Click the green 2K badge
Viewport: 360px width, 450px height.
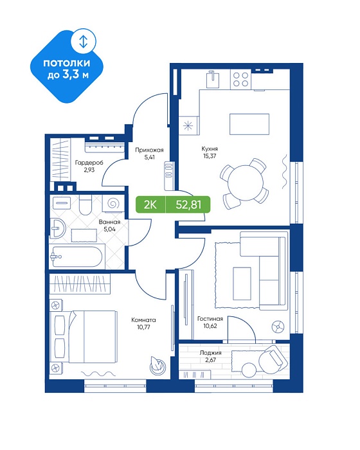click(x=150, y=204)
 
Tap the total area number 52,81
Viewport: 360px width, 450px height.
click(x=188, y=204)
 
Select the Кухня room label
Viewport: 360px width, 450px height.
click(x=210, y=148)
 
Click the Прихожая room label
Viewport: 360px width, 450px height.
click(x=149, y=150)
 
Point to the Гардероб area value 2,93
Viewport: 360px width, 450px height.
click(x=89, y=170)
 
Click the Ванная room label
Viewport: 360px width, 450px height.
click(x=109, y=222)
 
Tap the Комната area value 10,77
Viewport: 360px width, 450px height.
click(x=143, y=327)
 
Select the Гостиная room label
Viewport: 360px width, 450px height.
click(x=210, y=319)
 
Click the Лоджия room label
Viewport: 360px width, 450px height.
click(x=210, y=353)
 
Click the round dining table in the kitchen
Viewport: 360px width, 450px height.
click(x=246, y=183)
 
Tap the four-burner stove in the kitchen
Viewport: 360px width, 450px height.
click(x=240, y=79)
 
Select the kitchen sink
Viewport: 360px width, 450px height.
click(x=213, y=80)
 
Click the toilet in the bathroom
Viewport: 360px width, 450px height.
click(x=85, y=205)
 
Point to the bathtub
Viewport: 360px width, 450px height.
click(x=77, y=256)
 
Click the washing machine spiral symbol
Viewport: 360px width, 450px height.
click(x=113, y=203)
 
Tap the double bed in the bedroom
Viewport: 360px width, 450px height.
click(x=84, y=336)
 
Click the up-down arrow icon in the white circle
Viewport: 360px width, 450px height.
click(x=84, y=42)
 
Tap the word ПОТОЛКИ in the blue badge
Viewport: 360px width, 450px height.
click(x=67, y=63)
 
